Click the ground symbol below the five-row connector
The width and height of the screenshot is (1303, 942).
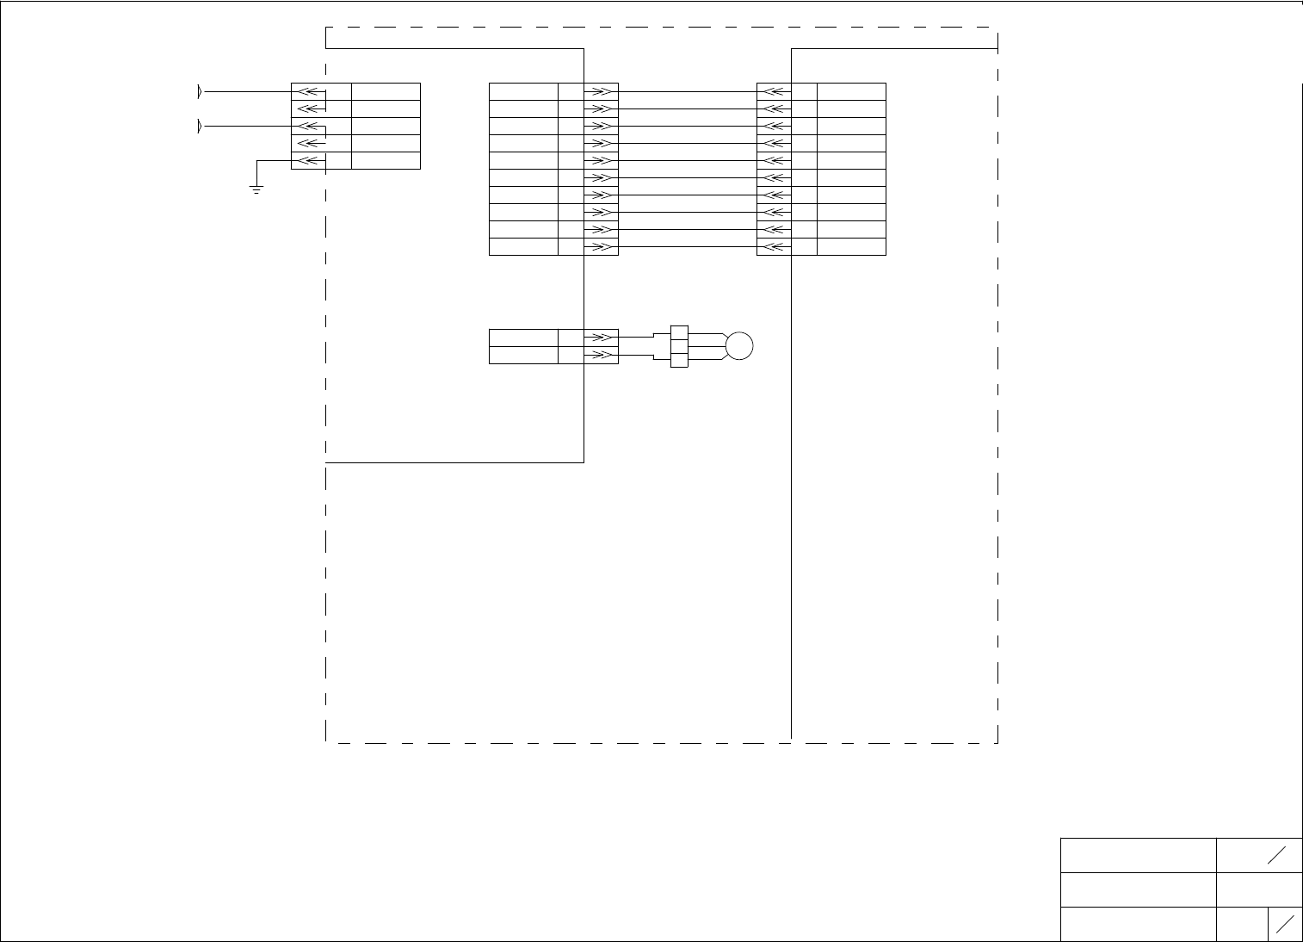(x=256, y=189)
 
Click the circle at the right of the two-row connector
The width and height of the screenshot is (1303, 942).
(x=738, y=346)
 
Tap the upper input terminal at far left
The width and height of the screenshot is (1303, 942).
(x=200, y=91)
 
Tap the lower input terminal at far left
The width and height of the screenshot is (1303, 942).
(x=200, y=127)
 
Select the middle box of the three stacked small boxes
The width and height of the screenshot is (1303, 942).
(x=679, y=346)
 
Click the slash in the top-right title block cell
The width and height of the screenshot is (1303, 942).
(x=1276, y=854)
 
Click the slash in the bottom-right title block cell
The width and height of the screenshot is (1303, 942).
(x=1286, y=924)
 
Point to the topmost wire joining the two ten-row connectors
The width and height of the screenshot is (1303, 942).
(x=687, y=91)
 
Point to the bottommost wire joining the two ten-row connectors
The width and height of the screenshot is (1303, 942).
(x=687, y=247)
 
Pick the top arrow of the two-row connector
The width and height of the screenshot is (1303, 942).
(x=601, y=338)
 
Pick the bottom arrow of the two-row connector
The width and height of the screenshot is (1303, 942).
(x=601, y=355)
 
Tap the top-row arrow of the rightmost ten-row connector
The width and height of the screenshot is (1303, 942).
(x=775, y=91)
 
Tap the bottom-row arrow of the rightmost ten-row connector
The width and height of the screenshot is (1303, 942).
(x=775, y=247)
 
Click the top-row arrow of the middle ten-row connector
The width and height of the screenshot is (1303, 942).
(x=601, y=91)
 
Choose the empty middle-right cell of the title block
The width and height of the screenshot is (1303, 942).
(x=1259, y=889)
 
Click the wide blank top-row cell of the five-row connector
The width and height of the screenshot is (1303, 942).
(x=386, y=91)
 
